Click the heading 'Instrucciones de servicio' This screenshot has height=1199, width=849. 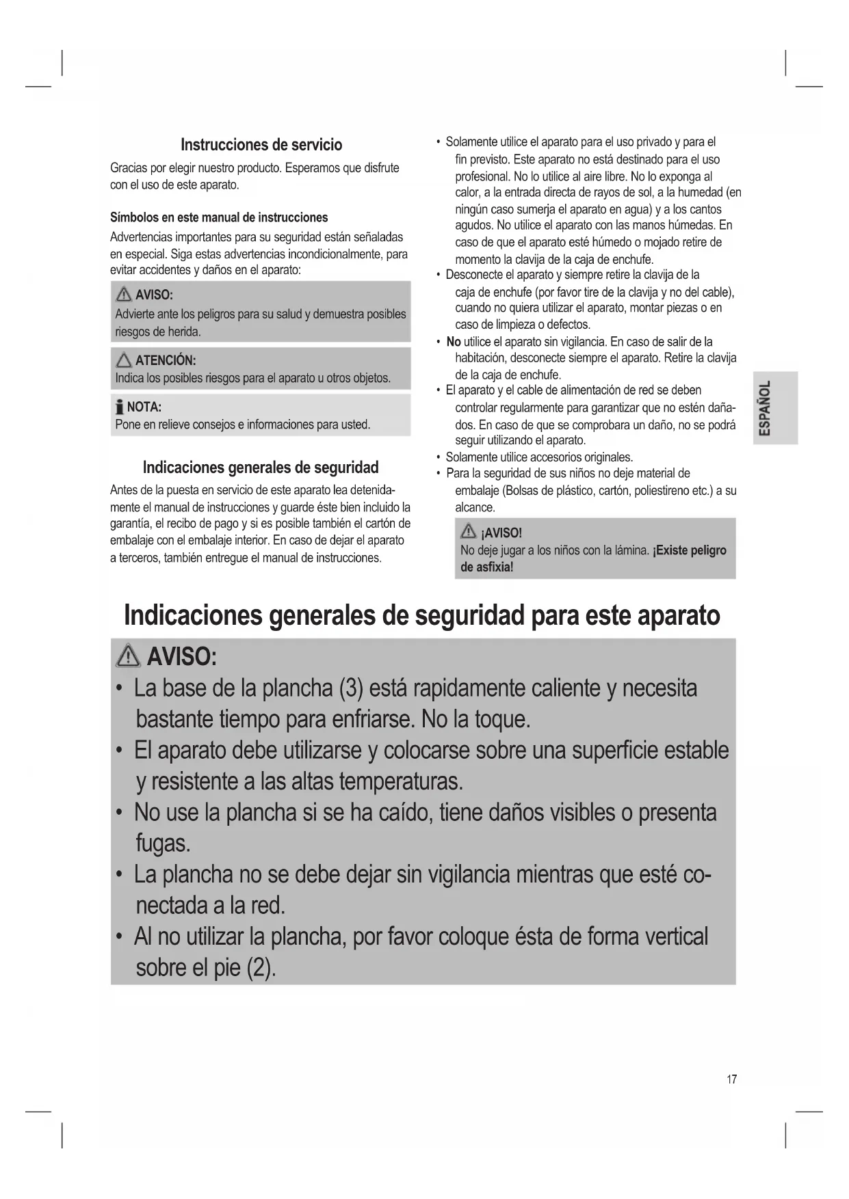coord(261,145)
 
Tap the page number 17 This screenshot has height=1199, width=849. coord(731,1079)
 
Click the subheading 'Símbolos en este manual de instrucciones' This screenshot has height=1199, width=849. coord(219,217)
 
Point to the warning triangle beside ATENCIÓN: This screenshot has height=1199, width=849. coord(124,360)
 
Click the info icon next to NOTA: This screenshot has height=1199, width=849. coord(120,407)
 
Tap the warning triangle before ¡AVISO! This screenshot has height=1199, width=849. coord(469,532)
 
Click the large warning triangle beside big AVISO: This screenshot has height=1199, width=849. coord(129,657)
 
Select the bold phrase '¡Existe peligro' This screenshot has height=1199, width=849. coord(690,550)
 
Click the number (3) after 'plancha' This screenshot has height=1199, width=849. coord(350,688)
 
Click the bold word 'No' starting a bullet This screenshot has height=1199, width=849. coord(453,342)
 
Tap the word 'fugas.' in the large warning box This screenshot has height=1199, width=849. coord(163,844)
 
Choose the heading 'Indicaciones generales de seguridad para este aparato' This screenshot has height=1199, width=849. coord(422,615)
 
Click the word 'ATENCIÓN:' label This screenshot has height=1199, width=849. coord(166,360)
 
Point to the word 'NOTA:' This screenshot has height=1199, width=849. coord(144,407)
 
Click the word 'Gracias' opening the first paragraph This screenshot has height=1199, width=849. coord(129,168)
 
